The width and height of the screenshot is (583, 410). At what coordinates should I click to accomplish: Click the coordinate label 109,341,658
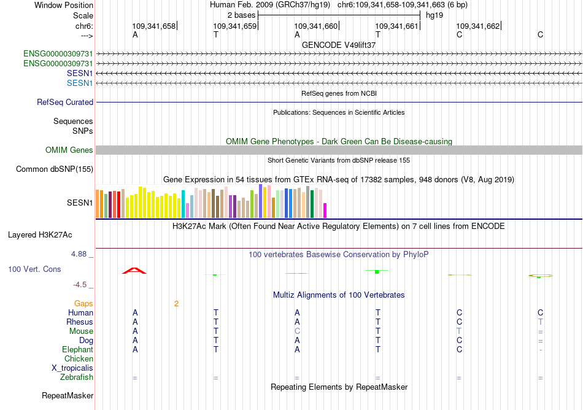click(x=153, y=26)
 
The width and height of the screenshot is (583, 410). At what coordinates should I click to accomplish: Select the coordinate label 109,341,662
click(x=477, y=26)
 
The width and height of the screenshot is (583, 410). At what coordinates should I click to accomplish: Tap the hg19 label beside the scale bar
click(x=434, y=15)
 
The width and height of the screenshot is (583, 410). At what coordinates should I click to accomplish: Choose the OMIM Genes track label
click(x=69, y=150)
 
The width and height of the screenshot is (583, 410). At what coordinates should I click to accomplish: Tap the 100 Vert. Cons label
click(x=34, y=269)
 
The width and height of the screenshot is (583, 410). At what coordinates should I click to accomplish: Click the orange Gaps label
click(x=83, y=304)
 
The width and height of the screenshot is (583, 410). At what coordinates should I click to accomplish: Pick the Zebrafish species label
click(x=77, y=377)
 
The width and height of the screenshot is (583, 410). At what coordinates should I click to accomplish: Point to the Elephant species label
click(x=77, y=350)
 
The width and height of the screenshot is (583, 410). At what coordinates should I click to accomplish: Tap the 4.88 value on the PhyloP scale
click(x=81, y=253)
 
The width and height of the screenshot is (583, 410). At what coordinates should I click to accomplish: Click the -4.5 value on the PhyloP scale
click(x=81, y=285)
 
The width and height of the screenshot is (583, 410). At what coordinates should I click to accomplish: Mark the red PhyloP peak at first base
click(x=134, y=270)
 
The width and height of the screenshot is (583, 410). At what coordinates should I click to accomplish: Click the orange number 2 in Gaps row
click(x=176, y=304)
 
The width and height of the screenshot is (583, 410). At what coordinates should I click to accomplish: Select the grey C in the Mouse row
click(x=297, y=331)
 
